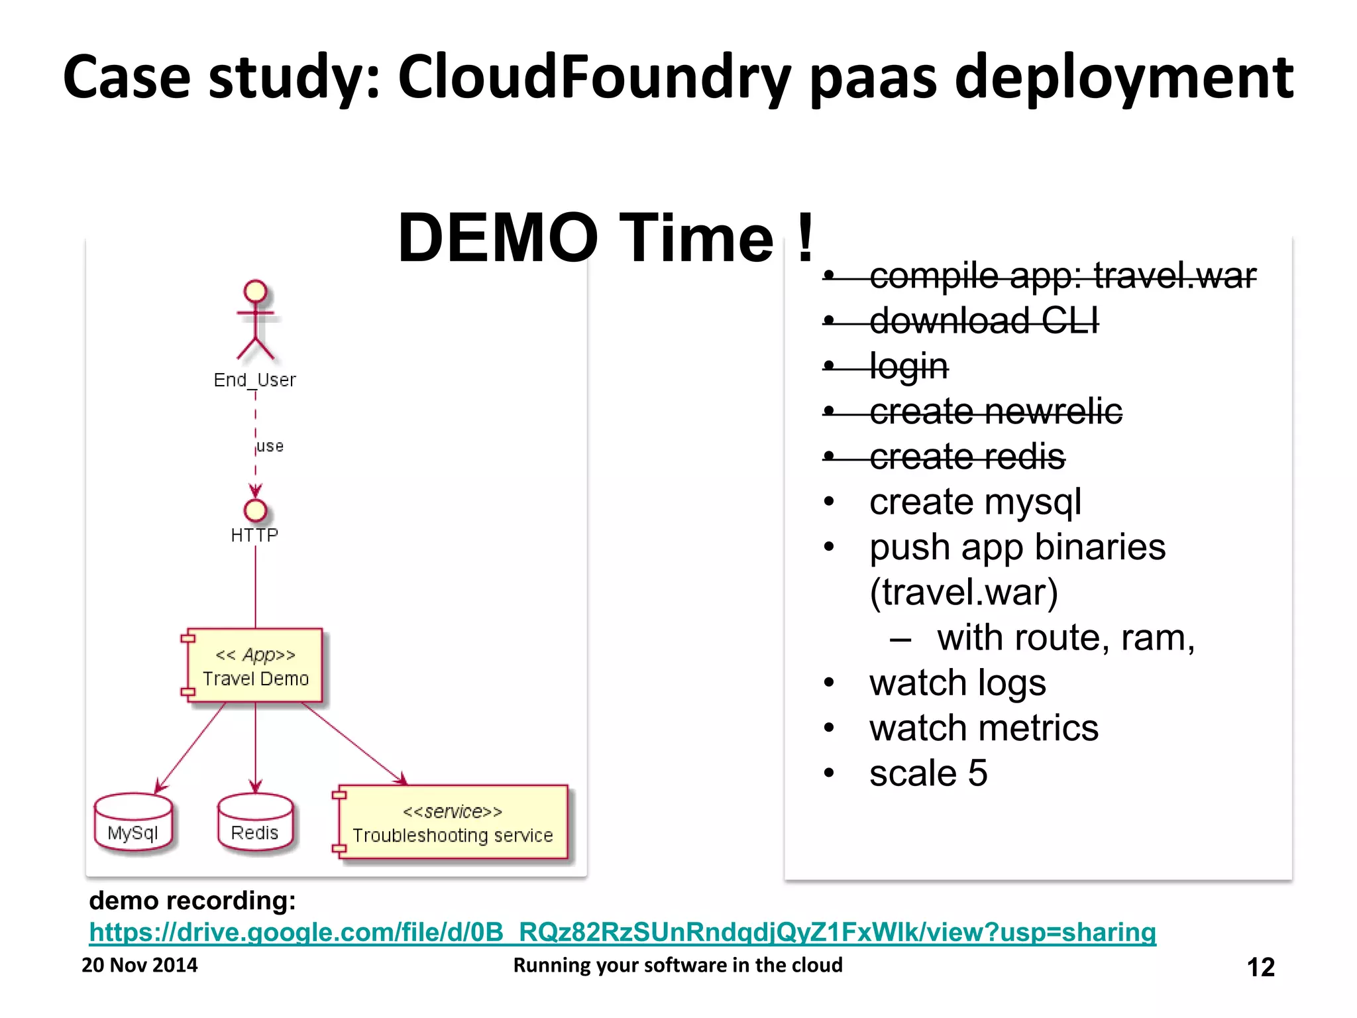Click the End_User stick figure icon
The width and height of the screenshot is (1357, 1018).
pos(255,320)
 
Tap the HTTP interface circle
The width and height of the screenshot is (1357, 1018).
pos(255,510)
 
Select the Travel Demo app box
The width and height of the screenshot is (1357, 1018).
pos(255,666)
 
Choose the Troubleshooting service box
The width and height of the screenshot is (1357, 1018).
pos(453,822)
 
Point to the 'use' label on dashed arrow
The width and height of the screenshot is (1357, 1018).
pos(270,446)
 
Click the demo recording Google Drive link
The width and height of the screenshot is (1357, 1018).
pos(622,932)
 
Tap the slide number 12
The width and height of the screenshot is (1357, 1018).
pos(1260,967)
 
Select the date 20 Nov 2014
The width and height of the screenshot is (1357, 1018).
pos(139,965)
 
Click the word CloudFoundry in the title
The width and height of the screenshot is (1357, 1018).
pos(594,78)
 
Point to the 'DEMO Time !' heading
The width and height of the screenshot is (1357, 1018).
pos(605,238)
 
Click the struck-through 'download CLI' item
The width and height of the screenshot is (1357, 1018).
pos(983,321)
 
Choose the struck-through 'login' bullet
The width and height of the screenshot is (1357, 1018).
pos(908,366)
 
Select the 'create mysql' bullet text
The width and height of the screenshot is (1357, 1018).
pos(975,502)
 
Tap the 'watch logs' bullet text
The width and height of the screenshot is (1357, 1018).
pos(957,683)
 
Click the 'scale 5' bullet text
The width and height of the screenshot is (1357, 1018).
pos(928,773)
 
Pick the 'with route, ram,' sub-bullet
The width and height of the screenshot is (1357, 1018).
pos(1065,638)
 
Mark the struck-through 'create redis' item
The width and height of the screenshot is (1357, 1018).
pos(967,457)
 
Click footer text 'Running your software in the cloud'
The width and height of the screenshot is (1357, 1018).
pos(677,965)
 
